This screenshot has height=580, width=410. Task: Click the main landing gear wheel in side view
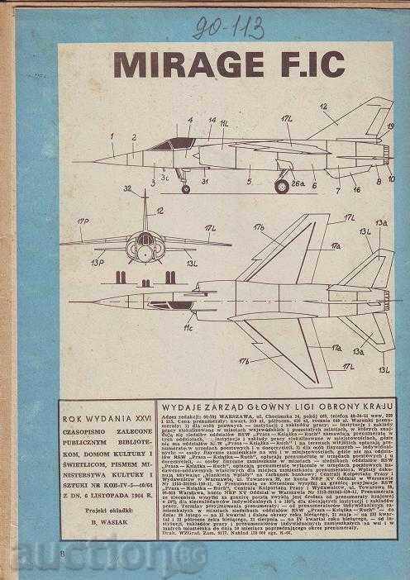point(283,186)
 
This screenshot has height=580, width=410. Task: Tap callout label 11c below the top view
point(189,329)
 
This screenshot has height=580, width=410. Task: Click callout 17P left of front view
point(82,222)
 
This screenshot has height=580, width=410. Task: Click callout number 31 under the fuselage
point(203,182)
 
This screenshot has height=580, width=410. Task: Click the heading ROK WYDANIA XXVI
point(107,408)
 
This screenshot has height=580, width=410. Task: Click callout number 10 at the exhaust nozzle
point(391,177)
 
